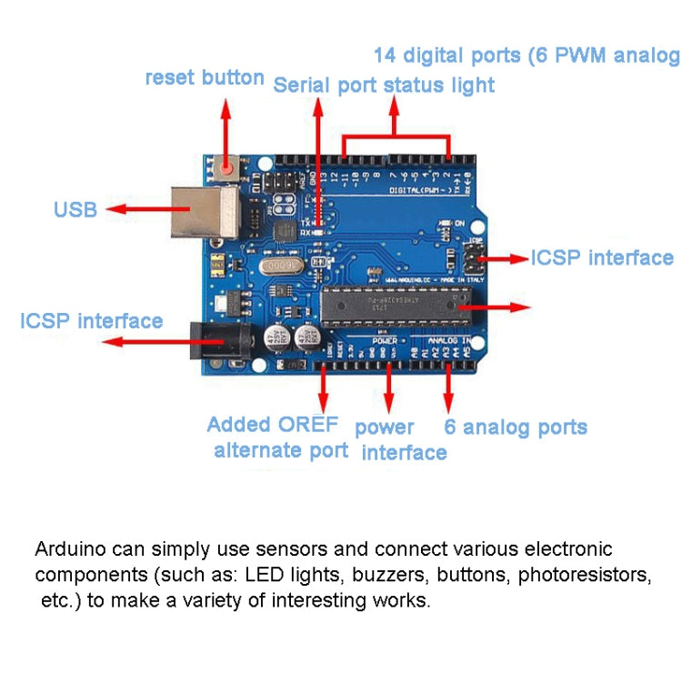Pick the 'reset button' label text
tap(205, 77)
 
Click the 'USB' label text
tap(75, 210)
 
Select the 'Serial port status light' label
tap(384, 85)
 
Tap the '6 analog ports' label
tap(516, 427)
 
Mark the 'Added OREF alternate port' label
tap(276, 437)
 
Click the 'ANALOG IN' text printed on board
tap(452, 341)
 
